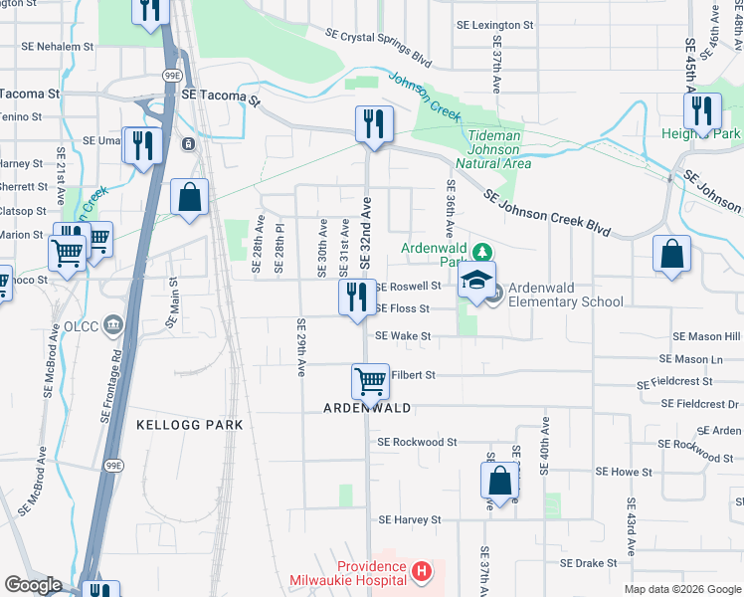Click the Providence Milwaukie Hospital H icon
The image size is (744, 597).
point(422,572)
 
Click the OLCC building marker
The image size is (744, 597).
point(111,323)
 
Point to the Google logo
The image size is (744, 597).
point(33,585)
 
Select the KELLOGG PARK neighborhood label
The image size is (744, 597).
point(189,425)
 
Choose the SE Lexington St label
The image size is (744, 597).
point(494,24)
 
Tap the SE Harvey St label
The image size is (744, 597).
point(408,519)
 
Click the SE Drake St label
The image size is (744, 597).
point(589,562)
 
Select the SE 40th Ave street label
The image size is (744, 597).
point(544,446)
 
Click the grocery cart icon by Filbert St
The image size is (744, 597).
point(370,380)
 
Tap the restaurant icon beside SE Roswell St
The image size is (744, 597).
point(356,297)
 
